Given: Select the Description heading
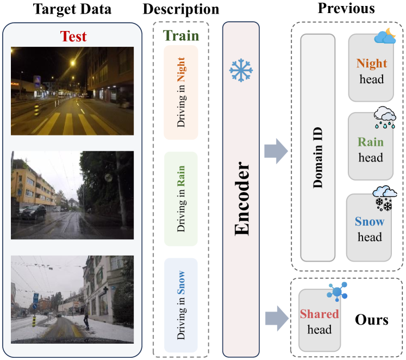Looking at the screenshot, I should tap(181, 9).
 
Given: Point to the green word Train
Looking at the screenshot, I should tap(180, 36).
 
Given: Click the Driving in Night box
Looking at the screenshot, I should tap(180, 92).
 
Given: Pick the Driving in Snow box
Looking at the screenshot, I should tap(180, 305).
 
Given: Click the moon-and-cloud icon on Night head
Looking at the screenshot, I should tap(385, 37).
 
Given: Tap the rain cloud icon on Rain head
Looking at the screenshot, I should tap(385, 118).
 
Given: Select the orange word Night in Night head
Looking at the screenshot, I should tap(372, 64).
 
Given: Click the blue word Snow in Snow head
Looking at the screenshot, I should tap(370, 222).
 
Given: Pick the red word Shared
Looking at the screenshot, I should tap(320, 314).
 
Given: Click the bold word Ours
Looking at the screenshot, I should tap(372, 319).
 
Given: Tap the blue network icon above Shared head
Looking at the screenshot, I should tap(337, 292).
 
